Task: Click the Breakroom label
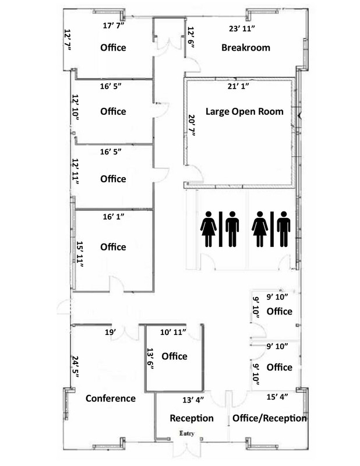pyautogui.click(x=246, y=48)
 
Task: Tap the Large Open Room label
pyautogui.click(x=244, y=111)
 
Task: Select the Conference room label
pyautogui.click(x=111, y=398)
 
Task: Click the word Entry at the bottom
pyautogui.click(x=186, y=433)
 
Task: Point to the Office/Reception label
pyautogui.click(x=269, y=418)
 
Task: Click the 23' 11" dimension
pyautogui.click(x=242, y=29)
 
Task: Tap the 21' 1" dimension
pyautogui.click(x=238, y=86)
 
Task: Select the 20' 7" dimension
pyautogui.click(x=192, y=125)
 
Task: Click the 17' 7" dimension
pyautogui.click(x=113, y=26)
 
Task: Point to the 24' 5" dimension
pyautogui.click(x=76, y=367)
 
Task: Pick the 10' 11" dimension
pyautogui.click(x=173, y=332)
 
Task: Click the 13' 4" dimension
pyautogui.click(x=193, y=400)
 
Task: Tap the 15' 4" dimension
pyautogui.click(x=277, y=397)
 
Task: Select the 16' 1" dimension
pyautogui.click(x=114, y=217)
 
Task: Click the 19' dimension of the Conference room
pyautogui.click(x=110, y=332)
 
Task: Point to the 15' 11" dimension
pyautogui.click(x=79, y=254)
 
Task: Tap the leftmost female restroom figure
pyautogui.click(x=209, y=229)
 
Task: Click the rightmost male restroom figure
pyautogui.click(x=284, y=229)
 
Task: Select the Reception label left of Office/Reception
pyautogui.click(x=192, y=418)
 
